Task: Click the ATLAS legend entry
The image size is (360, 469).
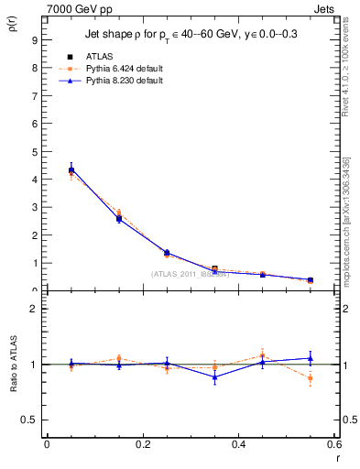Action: point(100,56)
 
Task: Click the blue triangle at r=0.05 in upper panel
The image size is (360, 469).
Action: point(71,169)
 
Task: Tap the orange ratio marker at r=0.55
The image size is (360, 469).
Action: point(311,377)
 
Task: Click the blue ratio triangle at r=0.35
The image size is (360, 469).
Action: point(214,376)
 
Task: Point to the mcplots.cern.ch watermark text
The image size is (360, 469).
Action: point(351,229)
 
